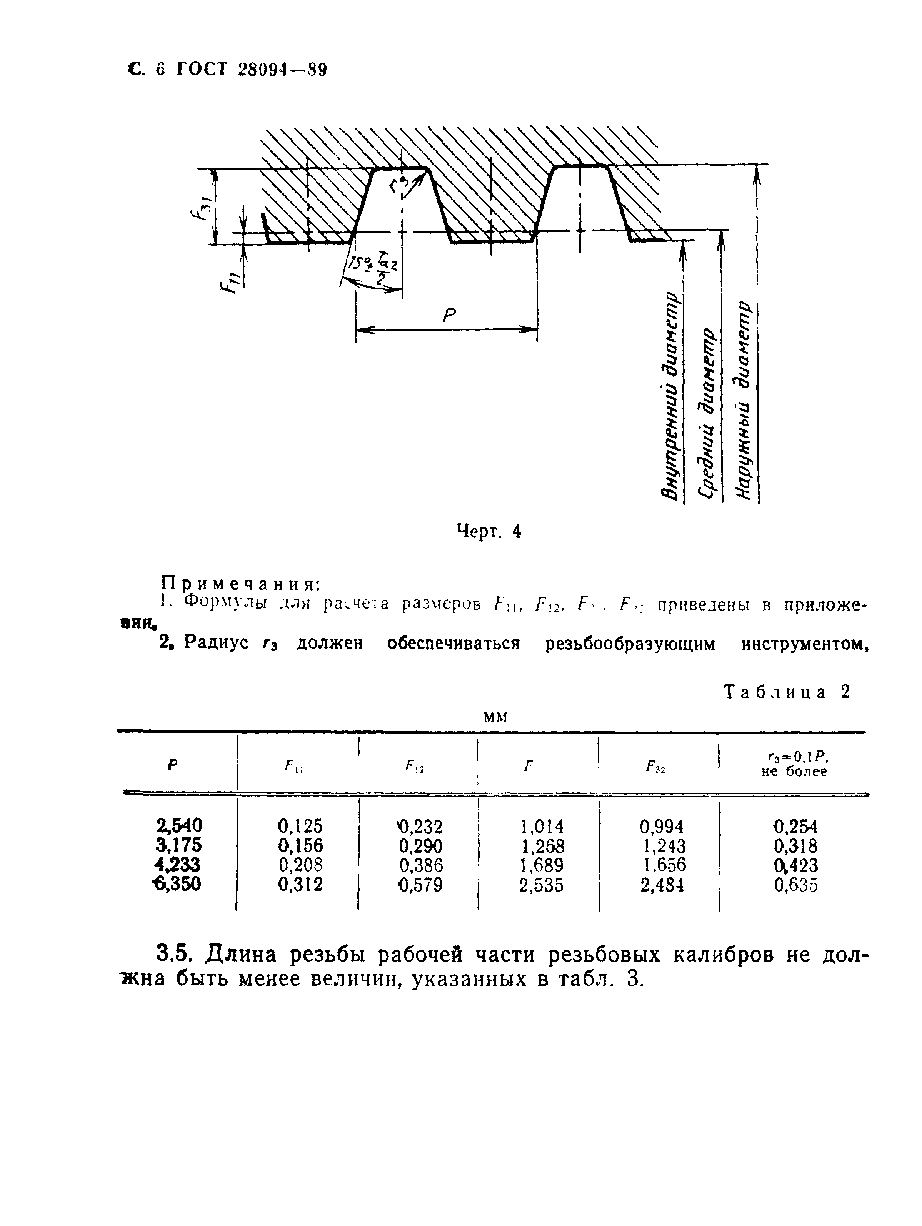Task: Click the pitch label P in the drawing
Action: (448, 315)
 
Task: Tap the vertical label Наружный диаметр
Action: (744, 401)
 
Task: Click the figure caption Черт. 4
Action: (489, 532)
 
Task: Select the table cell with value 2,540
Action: (179, 827)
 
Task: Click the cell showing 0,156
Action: (300, 846)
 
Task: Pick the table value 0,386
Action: (421, 865)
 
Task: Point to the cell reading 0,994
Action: (662, 827)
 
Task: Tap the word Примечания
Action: (240, 583)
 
